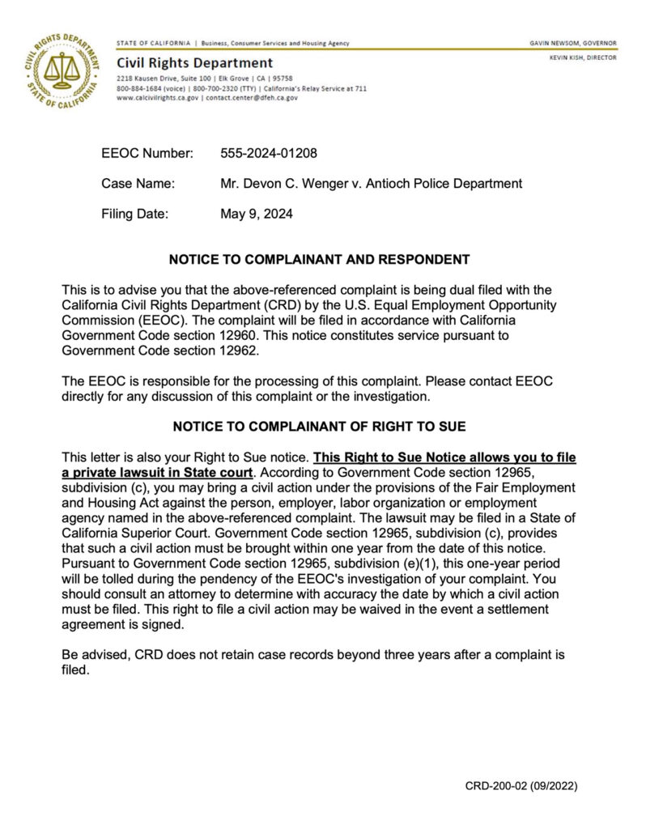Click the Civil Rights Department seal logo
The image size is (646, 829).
(x=62, y=70)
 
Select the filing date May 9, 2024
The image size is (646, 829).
(x=257, y=215)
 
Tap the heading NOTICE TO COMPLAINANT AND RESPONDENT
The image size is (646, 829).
(x=319, y=260)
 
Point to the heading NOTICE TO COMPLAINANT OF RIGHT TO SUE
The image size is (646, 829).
(x=319, y=426)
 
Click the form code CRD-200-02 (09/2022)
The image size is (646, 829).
(x=521, y=786)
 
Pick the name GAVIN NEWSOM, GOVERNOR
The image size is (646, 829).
(x=572, y=43)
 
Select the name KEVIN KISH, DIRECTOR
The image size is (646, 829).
(x=582, y=57)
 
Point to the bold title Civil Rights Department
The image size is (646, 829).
(x=194, y=62)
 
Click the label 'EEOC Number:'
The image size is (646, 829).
(x=147, y=152)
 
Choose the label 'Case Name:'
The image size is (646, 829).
(x=138, y=184)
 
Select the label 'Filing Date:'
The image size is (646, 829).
(x=135, y=215)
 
